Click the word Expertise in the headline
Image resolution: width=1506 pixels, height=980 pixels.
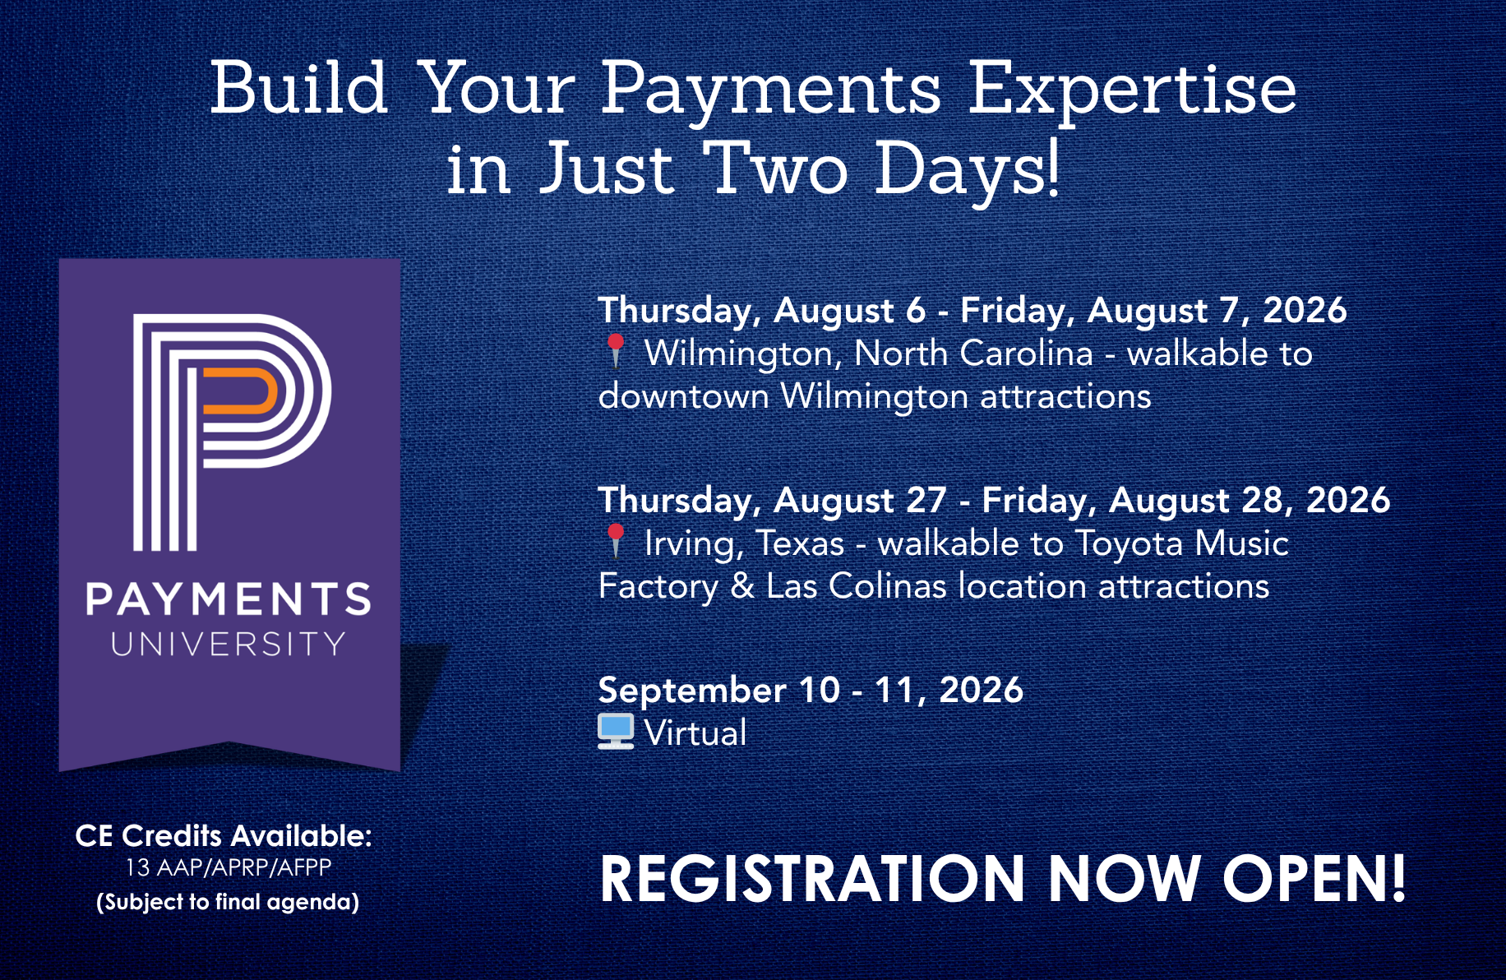tap(1132, 91)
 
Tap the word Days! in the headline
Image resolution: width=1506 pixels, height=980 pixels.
tap(967, 169)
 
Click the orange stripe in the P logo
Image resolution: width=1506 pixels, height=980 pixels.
tap(239, 391)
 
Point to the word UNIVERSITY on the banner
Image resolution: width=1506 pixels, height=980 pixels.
tap(229, 644)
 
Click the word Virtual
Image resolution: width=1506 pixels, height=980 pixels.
tap(695, 733)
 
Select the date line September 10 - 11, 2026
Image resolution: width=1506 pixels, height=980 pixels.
tap(811, 690)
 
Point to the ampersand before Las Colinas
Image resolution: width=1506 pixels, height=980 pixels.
tap(742, 586)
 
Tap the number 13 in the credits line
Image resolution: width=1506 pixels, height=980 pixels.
tap(137, 867)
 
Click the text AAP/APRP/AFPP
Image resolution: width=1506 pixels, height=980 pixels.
tap(243, 867)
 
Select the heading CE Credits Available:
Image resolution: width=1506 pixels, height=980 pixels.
tap(224, 835)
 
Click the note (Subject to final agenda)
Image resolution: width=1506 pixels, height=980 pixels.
tap(228, 902)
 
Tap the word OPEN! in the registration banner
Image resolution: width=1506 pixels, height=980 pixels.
tap(1314, 878)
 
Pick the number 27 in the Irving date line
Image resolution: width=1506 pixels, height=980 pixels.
tap(926, 500)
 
